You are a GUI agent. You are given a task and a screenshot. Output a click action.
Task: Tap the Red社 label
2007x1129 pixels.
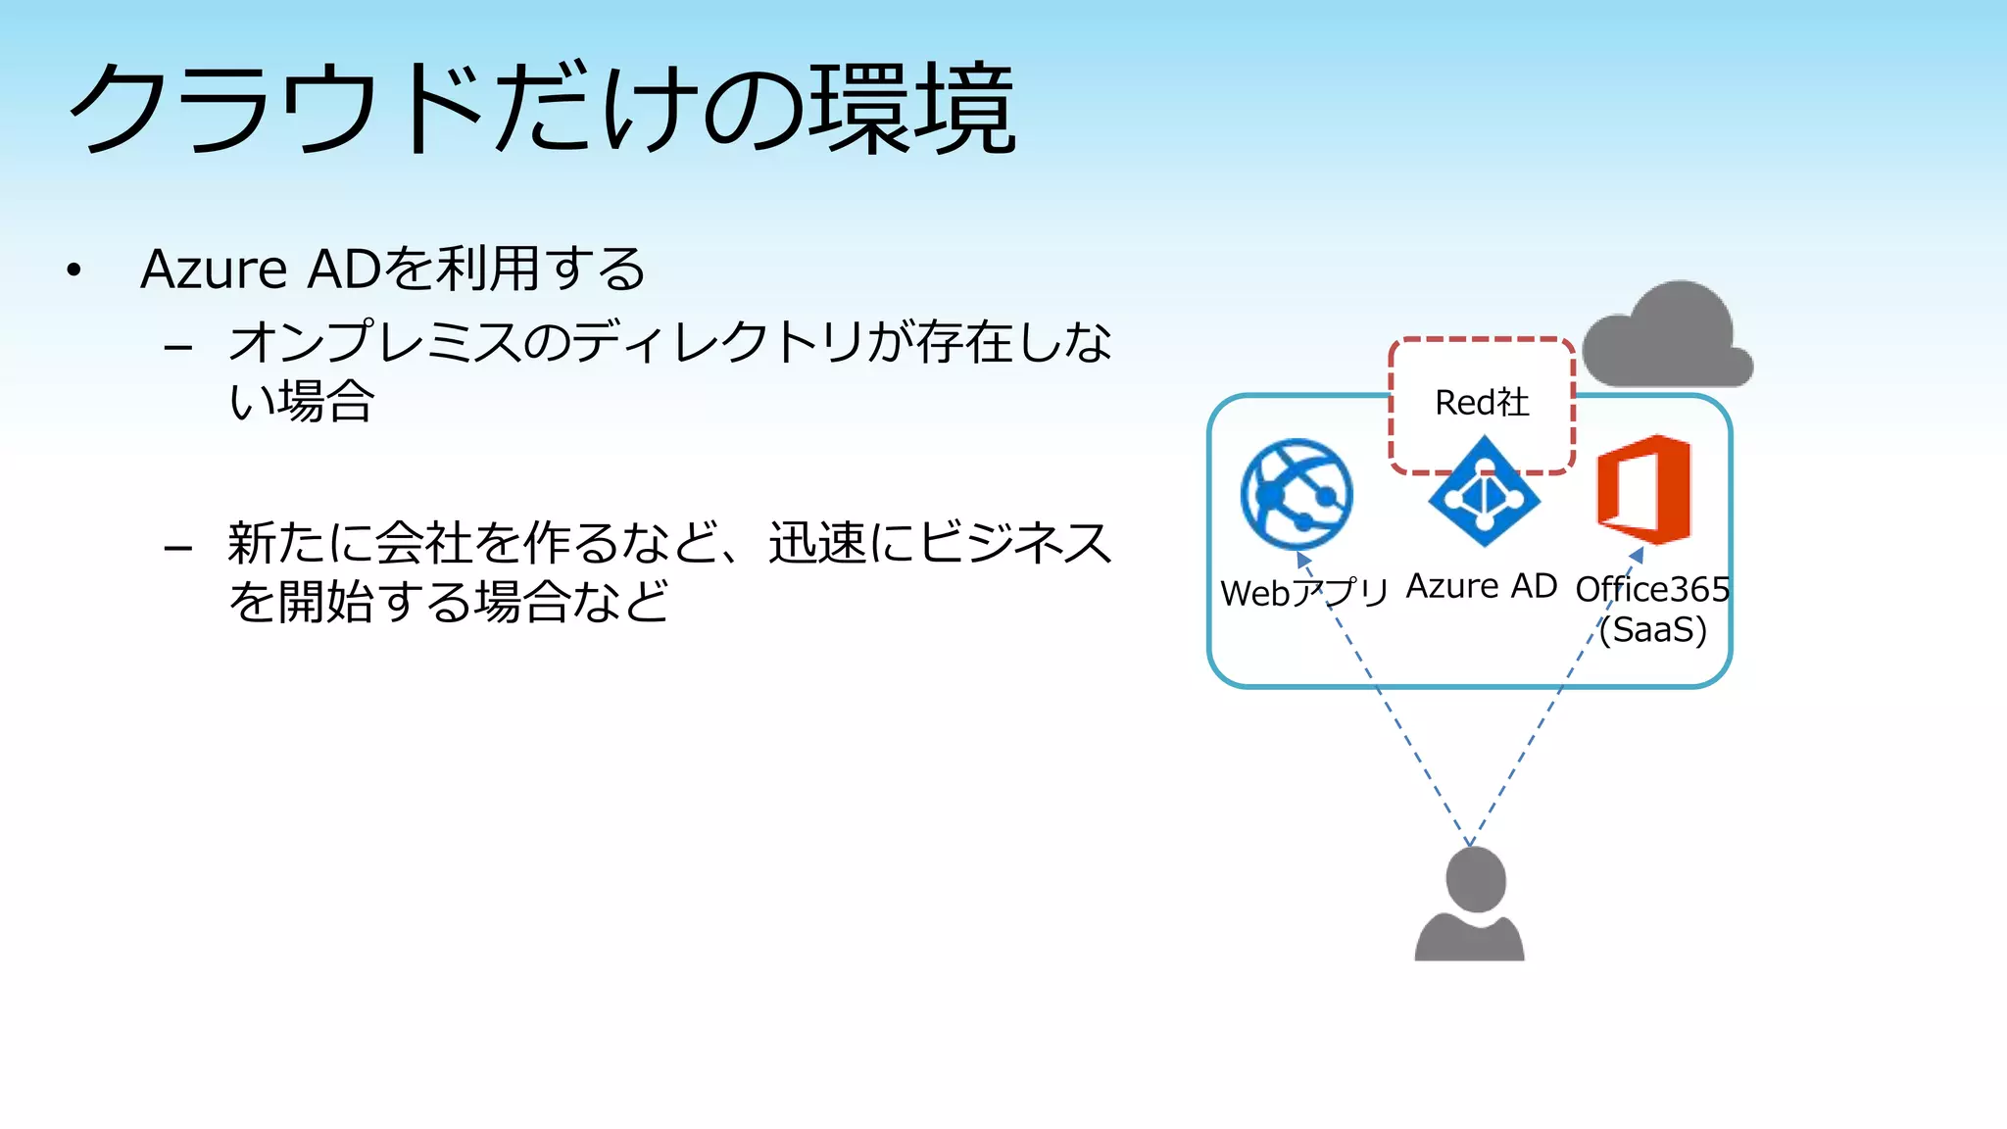(1481, 402)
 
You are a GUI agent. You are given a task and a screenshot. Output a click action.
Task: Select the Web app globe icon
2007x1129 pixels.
(1296, 493)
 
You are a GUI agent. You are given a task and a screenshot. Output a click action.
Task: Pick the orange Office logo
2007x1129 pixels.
(1644, 490)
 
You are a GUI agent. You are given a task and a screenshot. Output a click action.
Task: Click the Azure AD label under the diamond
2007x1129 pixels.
(1481, 586)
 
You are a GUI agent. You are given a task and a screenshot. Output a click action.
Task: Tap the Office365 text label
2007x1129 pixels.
(1652, 589)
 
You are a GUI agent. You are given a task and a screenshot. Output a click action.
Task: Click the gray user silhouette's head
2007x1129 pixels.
(1475, 879)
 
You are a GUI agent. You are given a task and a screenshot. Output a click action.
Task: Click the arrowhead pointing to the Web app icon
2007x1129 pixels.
(1302, 560)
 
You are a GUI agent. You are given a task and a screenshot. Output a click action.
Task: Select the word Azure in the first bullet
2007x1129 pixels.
(214, 269)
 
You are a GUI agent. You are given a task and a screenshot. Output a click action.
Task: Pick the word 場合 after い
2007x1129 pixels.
(325, 401)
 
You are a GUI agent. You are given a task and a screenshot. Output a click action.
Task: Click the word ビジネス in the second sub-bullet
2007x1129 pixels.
(1015, 542)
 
